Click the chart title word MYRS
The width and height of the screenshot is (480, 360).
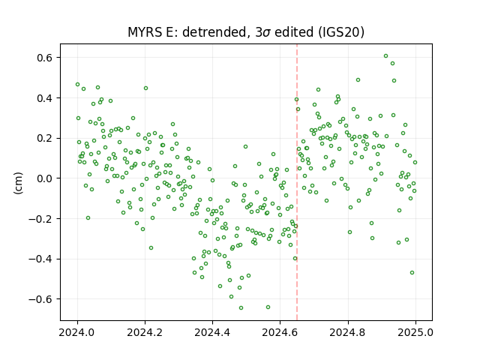145,32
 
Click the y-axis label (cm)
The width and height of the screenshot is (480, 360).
18,183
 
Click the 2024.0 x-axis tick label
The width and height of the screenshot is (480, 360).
77,332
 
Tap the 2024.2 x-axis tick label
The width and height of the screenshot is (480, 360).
145,332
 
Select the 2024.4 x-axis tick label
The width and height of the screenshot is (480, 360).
212,332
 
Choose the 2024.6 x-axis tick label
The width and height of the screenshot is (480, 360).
280,332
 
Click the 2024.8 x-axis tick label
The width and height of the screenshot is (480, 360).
348,332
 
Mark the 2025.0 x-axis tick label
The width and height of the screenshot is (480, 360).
415,332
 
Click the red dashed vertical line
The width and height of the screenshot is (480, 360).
297,182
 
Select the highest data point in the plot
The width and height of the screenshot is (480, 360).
386,56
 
